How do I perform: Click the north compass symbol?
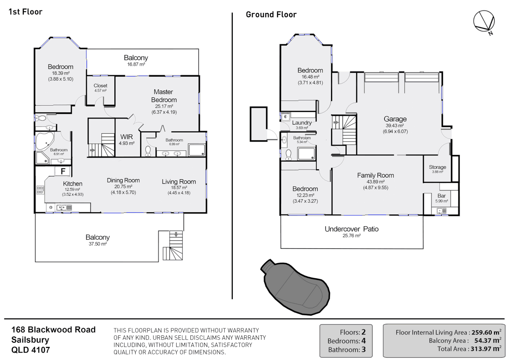[484, 22]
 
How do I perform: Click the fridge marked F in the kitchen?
[63, 171]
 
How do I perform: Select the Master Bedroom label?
[164, 96]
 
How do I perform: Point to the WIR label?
[127, 137]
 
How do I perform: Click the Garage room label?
[395, 119]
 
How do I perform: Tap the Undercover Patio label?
[351, 229]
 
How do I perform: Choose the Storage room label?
[437, 167]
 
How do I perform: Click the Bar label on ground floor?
[441, 196]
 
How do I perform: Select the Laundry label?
[302, 123]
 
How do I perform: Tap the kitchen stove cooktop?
[40, 190]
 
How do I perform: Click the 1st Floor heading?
[25, 12]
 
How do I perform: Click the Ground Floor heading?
[271, 15]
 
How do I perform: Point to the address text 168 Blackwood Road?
[53, 330]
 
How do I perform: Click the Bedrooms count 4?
[363, 341]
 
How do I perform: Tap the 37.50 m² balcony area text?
[98, 244]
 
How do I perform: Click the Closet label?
[100, 86]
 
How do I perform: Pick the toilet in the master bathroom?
[148, 151]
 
